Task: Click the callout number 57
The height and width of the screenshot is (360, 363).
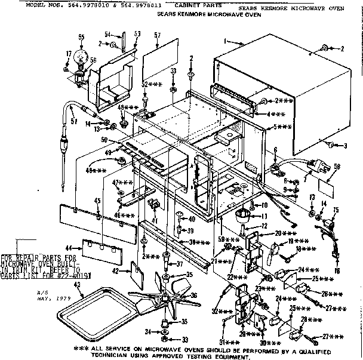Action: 156,36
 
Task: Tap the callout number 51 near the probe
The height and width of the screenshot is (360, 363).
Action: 73,122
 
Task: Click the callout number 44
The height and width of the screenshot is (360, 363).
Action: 68,247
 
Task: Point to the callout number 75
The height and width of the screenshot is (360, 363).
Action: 335,209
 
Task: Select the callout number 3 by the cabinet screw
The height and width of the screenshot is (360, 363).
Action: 343,145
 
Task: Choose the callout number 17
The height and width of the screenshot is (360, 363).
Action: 69,53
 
